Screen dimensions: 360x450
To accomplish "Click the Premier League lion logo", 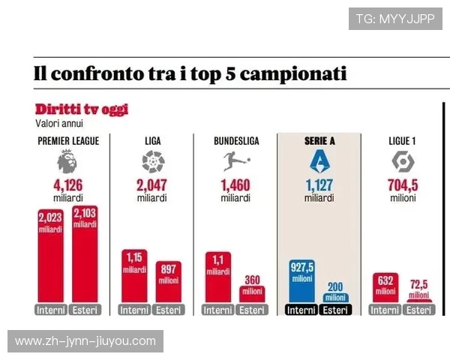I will tap(67, 160).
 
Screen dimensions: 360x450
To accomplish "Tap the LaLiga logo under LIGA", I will tap(152, 160).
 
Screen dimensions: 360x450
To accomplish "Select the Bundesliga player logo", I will tap(235, 160).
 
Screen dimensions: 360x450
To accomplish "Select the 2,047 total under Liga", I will tap(152, 186).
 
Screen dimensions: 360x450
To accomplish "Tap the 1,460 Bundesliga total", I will tap(235, 186).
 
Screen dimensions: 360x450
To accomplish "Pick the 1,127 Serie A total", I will tap(319, 186).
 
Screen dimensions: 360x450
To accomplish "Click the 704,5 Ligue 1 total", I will tap(403, 186).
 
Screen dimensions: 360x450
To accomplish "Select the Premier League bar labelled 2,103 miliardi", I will tap(85, 255).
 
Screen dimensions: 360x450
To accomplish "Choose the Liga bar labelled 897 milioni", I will tap(168, 282).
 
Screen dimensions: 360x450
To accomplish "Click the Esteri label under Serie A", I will tap(336, 310).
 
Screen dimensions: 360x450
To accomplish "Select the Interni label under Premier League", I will tap(50, 310).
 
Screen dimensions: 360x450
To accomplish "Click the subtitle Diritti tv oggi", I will tap(81, 109).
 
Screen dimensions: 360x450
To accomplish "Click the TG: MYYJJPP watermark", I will tap(395, 18).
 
